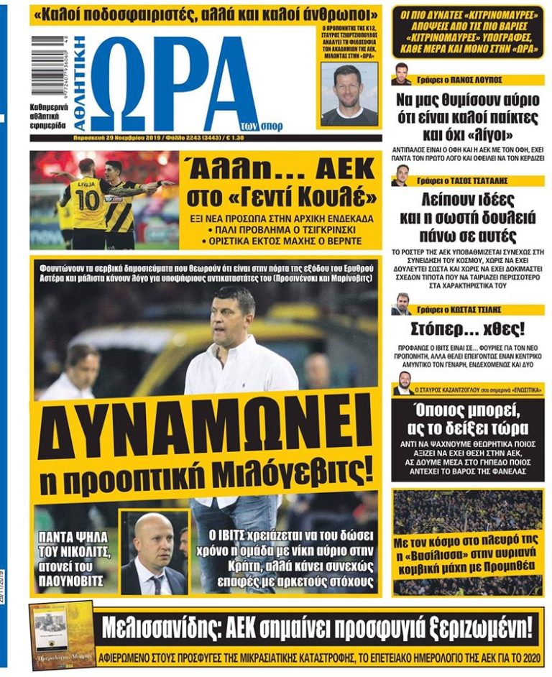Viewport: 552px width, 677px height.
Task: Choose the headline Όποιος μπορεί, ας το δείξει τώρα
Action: click(467, 420)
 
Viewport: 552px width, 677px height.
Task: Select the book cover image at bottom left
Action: click(62, 635)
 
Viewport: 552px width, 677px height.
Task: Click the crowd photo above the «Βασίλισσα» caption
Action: click(467, 510)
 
